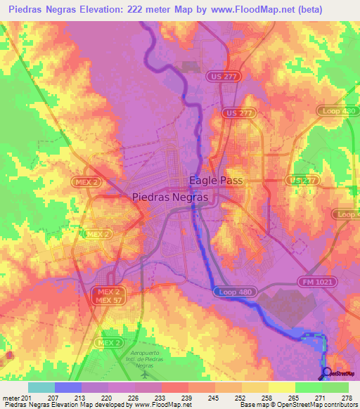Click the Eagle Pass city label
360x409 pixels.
click(x=216, y=181)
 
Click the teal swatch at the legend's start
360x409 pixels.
click(x=41, y=387)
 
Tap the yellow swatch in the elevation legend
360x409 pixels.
click(x=281, y=387)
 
